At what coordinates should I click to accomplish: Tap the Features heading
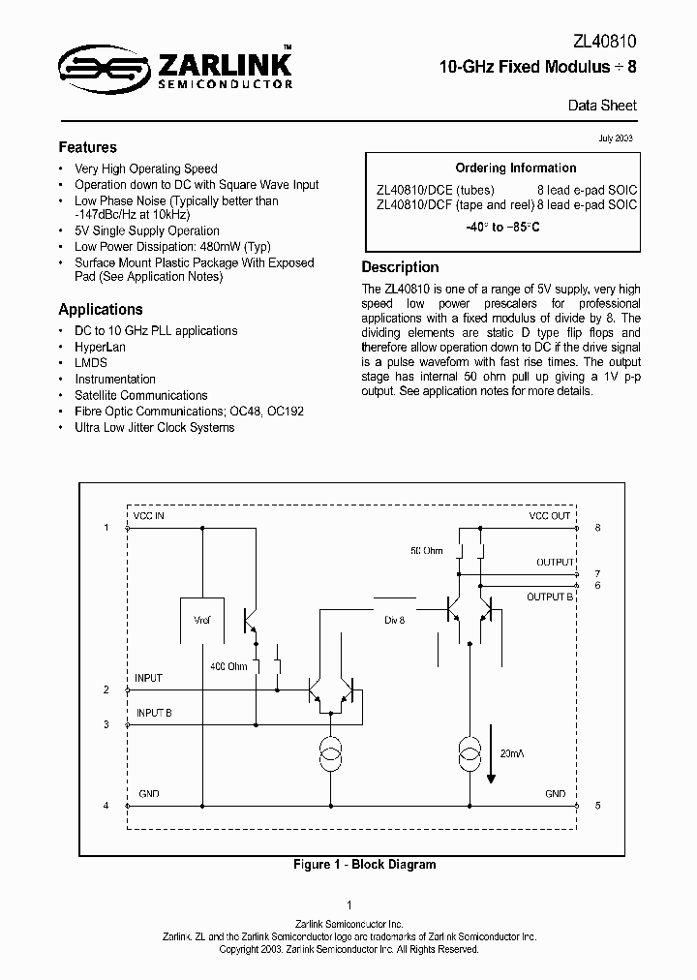tap(87, 147)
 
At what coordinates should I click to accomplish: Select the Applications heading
tap(101, 309)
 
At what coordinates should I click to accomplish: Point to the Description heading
tap(400, 267)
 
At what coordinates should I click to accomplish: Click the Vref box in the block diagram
tap(202, 621)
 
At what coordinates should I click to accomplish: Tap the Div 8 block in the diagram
tap(394, 619)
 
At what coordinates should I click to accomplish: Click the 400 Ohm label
tap(228, 666)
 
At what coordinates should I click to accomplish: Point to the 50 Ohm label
tap(426, 550)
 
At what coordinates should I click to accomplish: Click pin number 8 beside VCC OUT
tap(597, 528)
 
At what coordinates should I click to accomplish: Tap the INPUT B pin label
tap(154, 713)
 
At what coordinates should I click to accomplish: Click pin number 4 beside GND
tap(106, 805)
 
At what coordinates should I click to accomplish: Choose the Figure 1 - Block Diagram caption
tap(364, 865)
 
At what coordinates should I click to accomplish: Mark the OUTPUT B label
tap(550, 597)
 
